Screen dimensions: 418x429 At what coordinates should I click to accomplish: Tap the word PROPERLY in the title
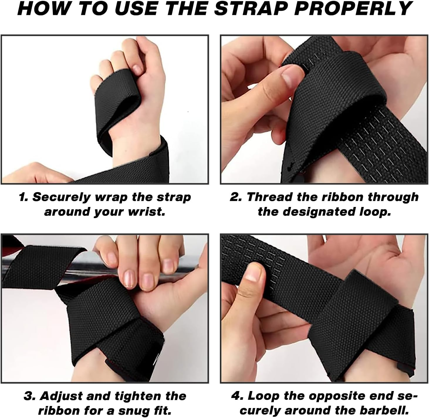pos(354,9)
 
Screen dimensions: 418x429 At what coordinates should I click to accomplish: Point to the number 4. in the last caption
pos(237,396)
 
